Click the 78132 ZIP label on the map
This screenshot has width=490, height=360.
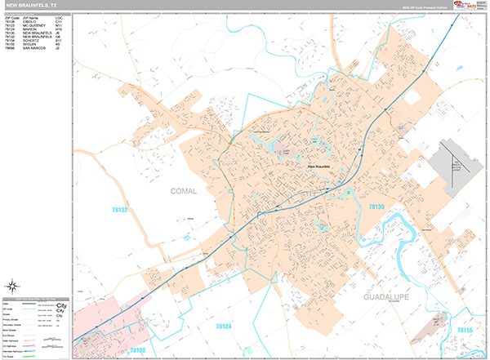pos(120,210)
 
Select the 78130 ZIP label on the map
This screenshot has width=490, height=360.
pos(376,208)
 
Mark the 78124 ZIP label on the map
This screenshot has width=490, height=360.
pos(224,326)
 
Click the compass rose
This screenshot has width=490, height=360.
pos(13,286)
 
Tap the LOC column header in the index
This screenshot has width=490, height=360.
pos(59,16)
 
